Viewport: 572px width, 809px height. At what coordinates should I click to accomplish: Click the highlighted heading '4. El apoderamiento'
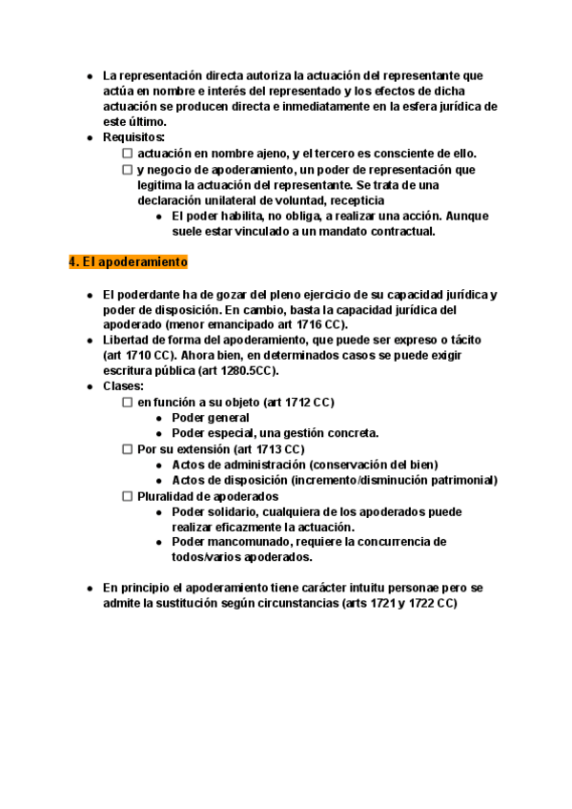[x=128, y=262]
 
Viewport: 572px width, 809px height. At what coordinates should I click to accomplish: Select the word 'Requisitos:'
[x=133, y=137]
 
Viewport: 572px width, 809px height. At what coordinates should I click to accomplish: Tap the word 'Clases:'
[x=124, y=386]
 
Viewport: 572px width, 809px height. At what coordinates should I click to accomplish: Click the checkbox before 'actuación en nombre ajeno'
[x=128, y=154]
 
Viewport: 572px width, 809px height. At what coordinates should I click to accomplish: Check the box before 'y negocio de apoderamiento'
[x=128, y=170]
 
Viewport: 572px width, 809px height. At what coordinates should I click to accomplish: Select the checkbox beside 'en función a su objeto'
[x=128, y=403]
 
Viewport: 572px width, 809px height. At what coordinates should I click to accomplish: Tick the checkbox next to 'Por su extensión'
[x=128, y=449]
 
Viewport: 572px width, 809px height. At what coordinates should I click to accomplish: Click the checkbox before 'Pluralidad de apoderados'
[x=128, y=496]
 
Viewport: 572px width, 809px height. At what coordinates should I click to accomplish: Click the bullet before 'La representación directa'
[x=89, y=75]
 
